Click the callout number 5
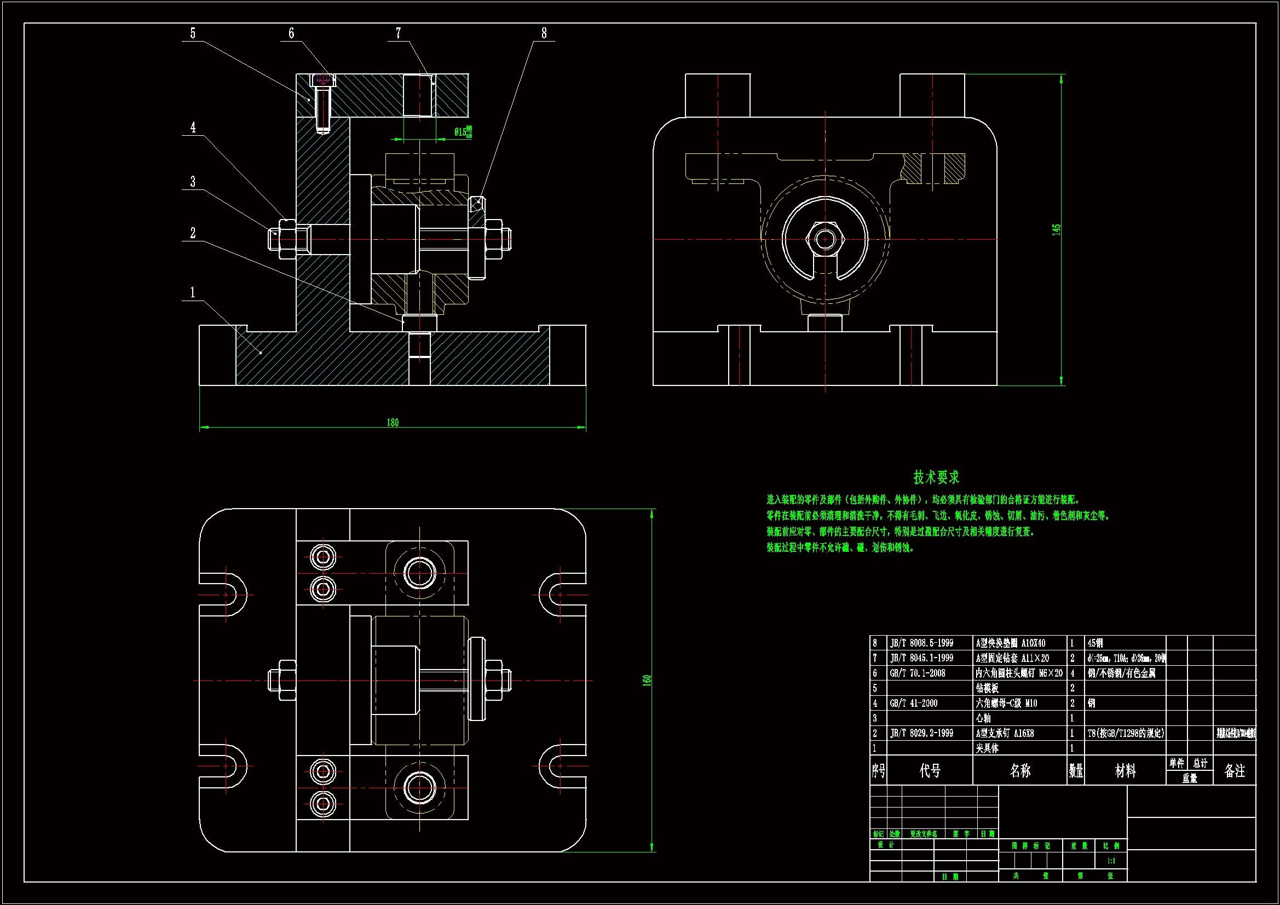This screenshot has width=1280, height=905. tap(193, 33)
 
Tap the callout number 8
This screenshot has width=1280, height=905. tap(544, 33)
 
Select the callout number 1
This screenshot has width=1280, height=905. tap(193, 293)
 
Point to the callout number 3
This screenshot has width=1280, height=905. tap(193, 182)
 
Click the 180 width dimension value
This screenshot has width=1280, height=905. tap(393, 423)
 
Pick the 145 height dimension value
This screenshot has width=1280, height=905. tap(1056, 230)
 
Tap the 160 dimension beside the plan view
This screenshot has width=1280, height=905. tap(647, 681)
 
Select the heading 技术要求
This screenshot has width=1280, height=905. tap(936, 477)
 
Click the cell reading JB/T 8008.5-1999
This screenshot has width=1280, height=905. tap(921, 643)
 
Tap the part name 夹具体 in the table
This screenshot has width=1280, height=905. tap(987, 748)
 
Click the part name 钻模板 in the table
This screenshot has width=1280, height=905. tap(987, 689)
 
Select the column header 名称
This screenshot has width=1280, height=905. tap(1019, 771)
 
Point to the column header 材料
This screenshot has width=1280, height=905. tap(1125, 771)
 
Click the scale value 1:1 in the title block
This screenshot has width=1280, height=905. tap(1111, 861)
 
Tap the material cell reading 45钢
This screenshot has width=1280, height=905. tap(1095, 643)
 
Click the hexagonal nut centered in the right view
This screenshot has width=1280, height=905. tap(825, 240)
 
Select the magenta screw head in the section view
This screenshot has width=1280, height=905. tap(324, 80)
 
